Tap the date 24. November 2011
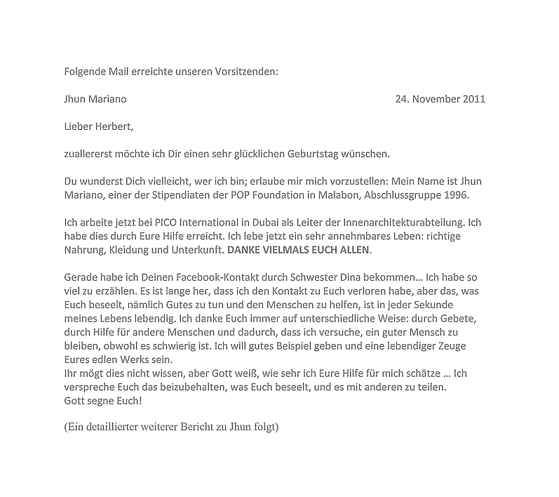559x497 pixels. click(440, 99)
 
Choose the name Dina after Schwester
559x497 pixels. click(333, 277)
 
